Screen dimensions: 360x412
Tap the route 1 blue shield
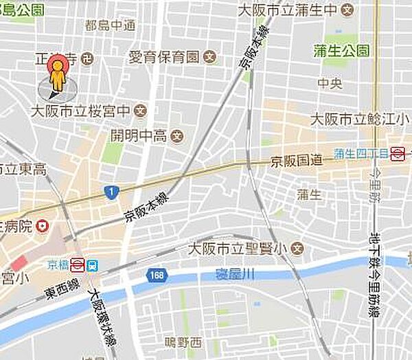111,192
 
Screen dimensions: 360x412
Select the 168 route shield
157,275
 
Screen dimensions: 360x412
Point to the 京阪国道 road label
296,160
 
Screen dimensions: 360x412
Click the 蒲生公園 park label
341,50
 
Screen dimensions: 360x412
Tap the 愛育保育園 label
164,56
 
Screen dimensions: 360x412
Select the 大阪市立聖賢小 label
238,247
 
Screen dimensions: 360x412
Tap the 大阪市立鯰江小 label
354,119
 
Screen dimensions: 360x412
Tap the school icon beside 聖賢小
297,247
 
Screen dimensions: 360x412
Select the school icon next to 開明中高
176,135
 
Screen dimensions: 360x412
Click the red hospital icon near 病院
43,225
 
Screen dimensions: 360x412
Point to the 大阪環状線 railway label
104,313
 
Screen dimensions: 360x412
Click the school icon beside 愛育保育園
211,56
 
